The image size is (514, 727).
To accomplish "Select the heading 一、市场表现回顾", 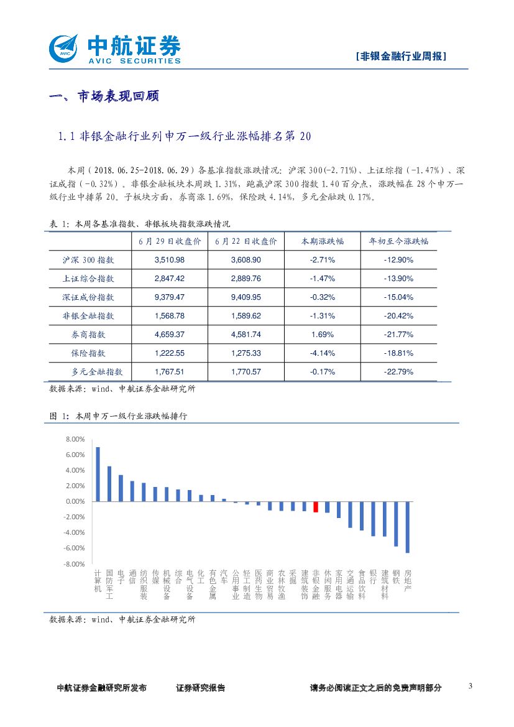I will click(x=104, y=96).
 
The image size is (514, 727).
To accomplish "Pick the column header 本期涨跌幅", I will click(x=323, y=241).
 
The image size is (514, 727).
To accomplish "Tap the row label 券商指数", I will click(x=89, y=335).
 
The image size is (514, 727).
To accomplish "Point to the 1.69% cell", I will click(x=323, y=335).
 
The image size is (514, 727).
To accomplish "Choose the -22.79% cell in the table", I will click(x=398, y=372).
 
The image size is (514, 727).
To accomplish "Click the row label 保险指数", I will click(x=89, y=353).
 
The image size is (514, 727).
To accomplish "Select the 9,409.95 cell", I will click(x=246, y=297).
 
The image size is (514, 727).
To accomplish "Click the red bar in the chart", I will click(x=316, y=507).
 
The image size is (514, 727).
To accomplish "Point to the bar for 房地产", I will click(x=408, y=527).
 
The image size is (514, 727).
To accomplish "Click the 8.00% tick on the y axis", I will click(x=74, y=440).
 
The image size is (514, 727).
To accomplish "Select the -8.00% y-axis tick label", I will click(x=73, y=564).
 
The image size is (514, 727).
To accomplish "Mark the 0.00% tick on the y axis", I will click(x=74, y=502).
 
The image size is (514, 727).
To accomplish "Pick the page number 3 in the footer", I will click(x=470, y=686).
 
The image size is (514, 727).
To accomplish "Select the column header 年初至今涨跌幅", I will click(x=398, y=241).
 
